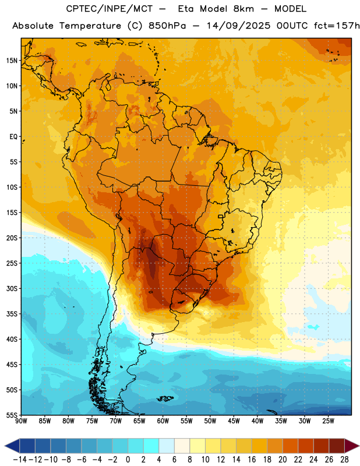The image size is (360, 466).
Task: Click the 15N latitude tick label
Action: coord(12,61)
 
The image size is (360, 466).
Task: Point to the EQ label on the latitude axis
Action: coord(13,137)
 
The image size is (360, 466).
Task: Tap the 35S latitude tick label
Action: coord(12,314)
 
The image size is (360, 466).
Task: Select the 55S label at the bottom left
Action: coord(12,415)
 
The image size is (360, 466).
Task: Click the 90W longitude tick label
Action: coord(21,421)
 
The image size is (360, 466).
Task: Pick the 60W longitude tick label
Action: coord(163,421)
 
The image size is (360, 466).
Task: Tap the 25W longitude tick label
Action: coord(328,421)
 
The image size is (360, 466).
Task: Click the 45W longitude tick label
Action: coord(234,421)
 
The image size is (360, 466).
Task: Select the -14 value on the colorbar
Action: coord(20,460)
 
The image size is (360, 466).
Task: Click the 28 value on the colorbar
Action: coord(344,460)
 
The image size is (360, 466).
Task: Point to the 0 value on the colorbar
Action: coord(128,460)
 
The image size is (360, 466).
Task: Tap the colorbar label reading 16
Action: coord(252,460)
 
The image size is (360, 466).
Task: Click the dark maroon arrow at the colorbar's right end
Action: coord(351,446)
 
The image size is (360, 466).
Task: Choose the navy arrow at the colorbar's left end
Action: coord(12,446)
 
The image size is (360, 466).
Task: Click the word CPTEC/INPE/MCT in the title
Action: coord(110,9)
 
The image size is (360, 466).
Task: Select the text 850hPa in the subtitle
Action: coord(167,26)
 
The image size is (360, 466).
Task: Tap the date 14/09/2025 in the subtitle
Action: coord(238,26)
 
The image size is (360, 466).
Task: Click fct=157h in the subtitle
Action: coord(337,26)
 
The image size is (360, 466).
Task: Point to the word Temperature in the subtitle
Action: coord(90,26)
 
